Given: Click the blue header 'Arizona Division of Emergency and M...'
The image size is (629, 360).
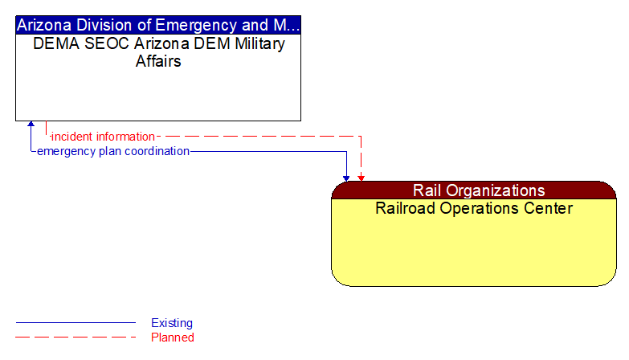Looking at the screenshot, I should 158,24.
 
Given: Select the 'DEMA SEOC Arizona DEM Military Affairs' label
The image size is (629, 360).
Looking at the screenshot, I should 158,52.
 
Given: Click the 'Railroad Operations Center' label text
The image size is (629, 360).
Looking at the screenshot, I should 474,209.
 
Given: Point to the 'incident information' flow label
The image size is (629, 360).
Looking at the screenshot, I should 103,137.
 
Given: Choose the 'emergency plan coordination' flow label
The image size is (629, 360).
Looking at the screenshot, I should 113,151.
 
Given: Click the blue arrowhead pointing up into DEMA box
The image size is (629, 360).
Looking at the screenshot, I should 31,125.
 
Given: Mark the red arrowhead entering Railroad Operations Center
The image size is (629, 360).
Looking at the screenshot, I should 361,177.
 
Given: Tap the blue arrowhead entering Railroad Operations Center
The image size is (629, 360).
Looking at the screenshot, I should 347,177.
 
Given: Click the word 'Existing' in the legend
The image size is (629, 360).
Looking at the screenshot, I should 172,323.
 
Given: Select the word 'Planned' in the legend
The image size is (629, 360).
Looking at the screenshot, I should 173,337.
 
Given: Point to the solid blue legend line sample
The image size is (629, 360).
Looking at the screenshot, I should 76,323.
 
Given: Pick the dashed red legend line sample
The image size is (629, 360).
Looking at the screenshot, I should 76,337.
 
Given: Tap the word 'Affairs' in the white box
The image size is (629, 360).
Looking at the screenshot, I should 158,61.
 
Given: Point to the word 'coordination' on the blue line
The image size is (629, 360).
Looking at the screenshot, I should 157,151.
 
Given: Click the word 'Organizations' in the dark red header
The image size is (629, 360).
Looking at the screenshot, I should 497,190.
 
